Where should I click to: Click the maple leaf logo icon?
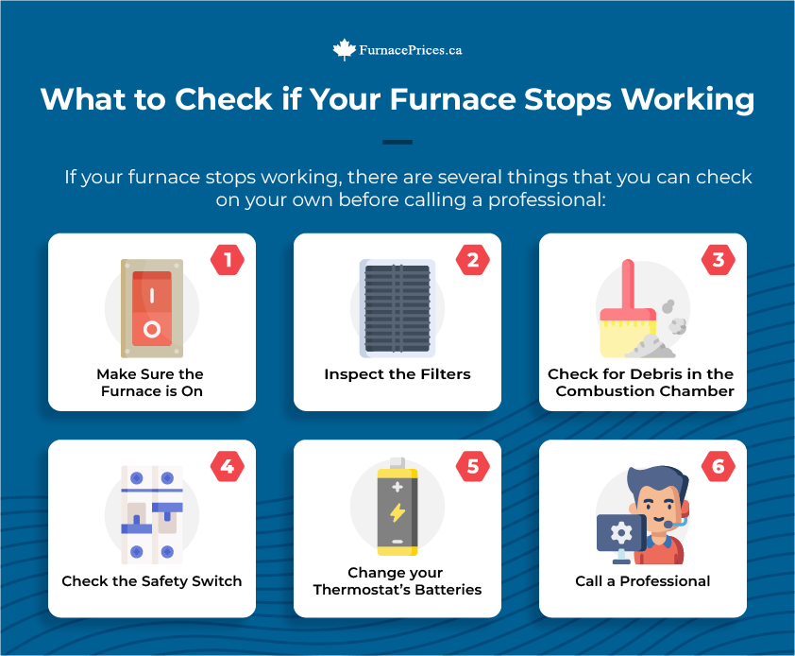coord(345,50)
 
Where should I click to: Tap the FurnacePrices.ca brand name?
coord(411,50)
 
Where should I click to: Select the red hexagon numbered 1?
coord(228,260)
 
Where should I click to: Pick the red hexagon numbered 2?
coord(473,260)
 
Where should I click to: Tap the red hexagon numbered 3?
coord(719,260)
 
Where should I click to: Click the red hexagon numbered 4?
coord(228,466)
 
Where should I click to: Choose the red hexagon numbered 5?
coord(473,466)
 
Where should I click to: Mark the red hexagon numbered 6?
coord(719,466)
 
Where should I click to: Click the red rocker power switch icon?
coord(152,308)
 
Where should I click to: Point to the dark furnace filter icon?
coord(397,308)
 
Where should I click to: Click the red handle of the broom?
coord(628,285)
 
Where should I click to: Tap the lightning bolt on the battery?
coord(397,512)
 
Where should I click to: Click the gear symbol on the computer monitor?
coord(621,532)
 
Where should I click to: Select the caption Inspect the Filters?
coord(397,374)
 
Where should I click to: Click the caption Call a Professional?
coord(643,581)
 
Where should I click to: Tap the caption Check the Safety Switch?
coord(152,581)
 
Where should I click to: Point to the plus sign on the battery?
coord(397,487)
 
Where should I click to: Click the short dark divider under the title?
coord(397,142)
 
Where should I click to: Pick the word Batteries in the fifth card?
coord(448,590)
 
